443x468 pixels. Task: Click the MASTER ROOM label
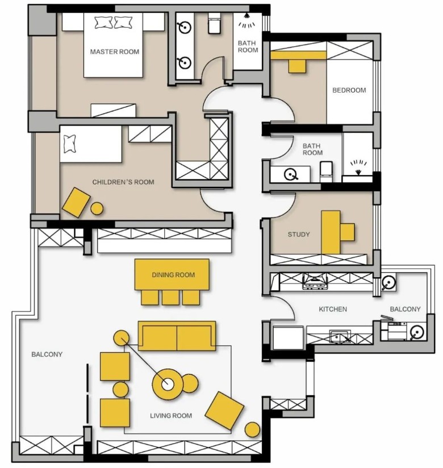pyautogui.click(x=115, y=52)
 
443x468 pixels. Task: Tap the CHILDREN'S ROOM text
pyautogui.click(x=123, y=182)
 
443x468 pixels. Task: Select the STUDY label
pyautogui.click(x=299, y=235)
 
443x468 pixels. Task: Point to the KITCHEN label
pyautogui.click(x=333, y=309)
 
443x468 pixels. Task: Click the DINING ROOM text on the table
pyautogui.click(x=173, y=275)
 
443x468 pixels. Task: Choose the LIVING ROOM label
pyautogui.click(x=171, y=416)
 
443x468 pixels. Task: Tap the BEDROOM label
pyautogui.click(x=349, y=90)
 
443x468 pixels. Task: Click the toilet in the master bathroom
pyautogui.click(x=214, y=23)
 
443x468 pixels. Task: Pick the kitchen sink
pyautogui.click(x=340, y=336)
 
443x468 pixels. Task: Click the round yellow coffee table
pyautogui.click(x=168, y=384)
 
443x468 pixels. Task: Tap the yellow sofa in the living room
pyautogui.click(x=177, y=336)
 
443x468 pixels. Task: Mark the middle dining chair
pyautogui.click(x=170, y=298)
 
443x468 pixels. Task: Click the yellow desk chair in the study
pyautogui.click(x=347, y=232)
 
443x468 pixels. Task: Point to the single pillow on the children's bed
pyautogui.click(x=70, y=144)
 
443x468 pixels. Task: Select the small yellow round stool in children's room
pyautogui.click(x=97, y=208)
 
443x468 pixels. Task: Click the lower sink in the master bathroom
pyautogui.click(x=185, y=62)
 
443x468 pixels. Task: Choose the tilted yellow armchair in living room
pyautogui.click(x=224, y=411)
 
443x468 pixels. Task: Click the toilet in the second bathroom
pyautogui.click(x=326, y=172)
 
